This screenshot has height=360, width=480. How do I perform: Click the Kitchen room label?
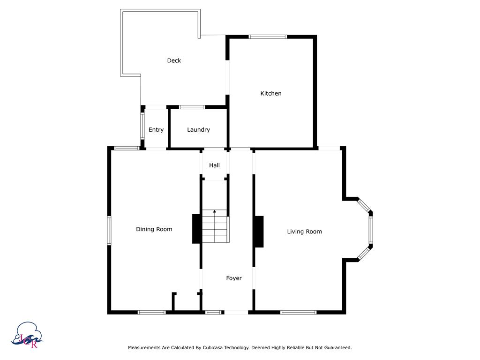tap(271, 93)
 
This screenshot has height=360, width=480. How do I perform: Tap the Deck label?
tap(174, 60)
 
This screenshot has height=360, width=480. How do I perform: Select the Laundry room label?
tap(198, 130)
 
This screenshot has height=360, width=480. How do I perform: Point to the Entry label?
tap(156, 130)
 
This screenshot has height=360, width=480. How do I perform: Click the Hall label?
tap(214, 165)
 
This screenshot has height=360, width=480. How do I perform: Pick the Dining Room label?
tap(154, 229)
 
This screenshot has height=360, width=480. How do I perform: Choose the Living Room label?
tap(304, 232)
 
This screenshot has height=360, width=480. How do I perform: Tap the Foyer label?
tap(234, 278)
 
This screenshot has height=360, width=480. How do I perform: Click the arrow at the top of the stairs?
tap(215, 212)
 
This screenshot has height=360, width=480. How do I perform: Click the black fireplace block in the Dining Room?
tap(196, 229)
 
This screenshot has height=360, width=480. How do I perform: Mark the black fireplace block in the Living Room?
tap(258, 232)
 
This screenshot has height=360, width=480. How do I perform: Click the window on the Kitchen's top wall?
tap(268, 37)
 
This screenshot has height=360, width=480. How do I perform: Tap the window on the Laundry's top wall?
tap(192, 107)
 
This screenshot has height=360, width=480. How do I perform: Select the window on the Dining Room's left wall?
tap(109, 230)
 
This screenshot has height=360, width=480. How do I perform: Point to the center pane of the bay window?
tap(370, 230)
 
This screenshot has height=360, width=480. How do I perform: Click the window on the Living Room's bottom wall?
tap(298, 312)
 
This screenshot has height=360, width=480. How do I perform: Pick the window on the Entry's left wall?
tap(142, 126)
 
